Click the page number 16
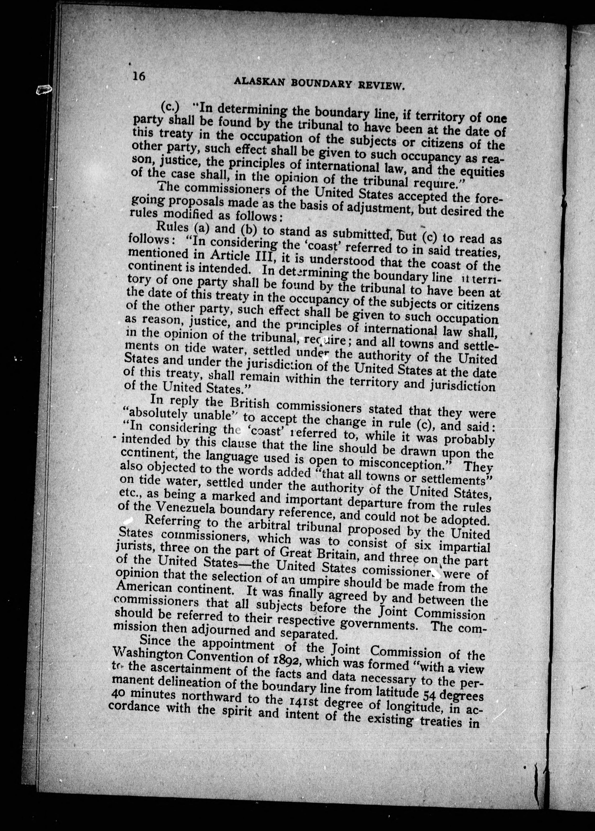(139, 76)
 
